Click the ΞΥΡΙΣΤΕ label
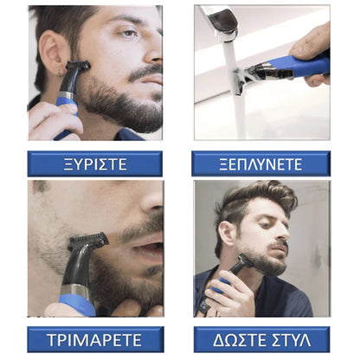coord(93,164)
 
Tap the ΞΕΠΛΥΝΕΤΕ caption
coord(260,164)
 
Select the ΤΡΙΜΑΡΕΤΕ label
coord(94,339)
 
